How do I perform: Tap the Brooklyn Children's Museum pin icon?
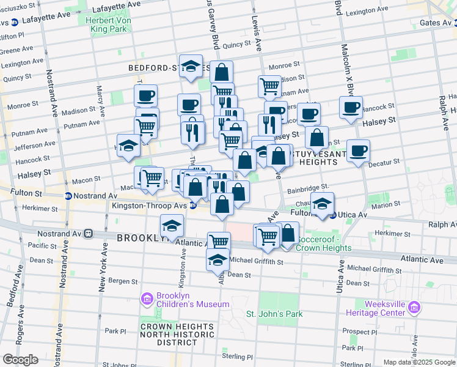point(147,298)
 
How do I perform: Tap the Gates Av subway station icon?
point(453,23)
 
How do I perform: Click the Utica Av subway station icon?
point(333,215)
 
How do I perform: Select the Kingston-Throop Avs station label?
point(149,206)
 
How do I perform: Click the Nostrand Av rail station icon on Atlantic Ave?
point(89,234)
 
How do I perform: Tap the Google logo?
point(20,360)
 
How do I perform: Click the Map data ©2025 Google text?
point(419,362)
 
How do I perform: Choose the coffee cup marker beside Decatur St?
point(358,150)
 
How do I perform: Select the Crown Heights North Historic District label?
point(177,335)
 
